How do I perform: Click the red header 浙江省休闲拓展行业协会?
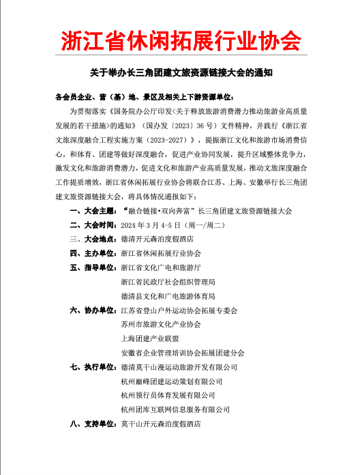point(180,40)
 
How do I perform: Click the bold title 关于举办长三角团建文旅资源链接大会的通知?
point(180,71)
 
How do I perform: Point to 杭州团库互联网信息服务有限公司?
point(175,409)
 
